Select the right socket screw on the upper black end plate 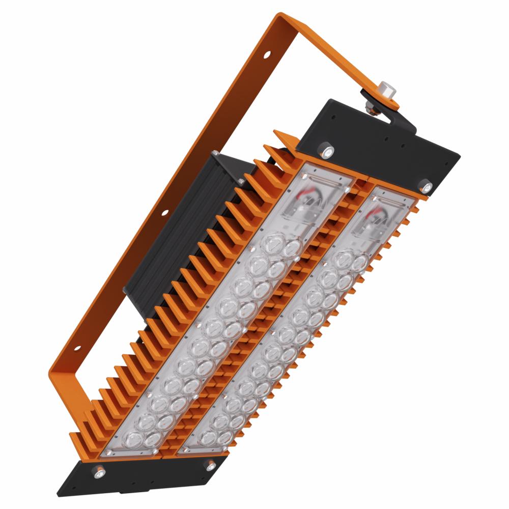(x=426, y=186)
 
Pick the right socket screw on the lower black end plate (x=209, y=465)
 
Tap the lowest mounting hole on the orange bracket (x=77, y=349)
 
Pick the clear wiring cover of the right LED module (x=384, y=214)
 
